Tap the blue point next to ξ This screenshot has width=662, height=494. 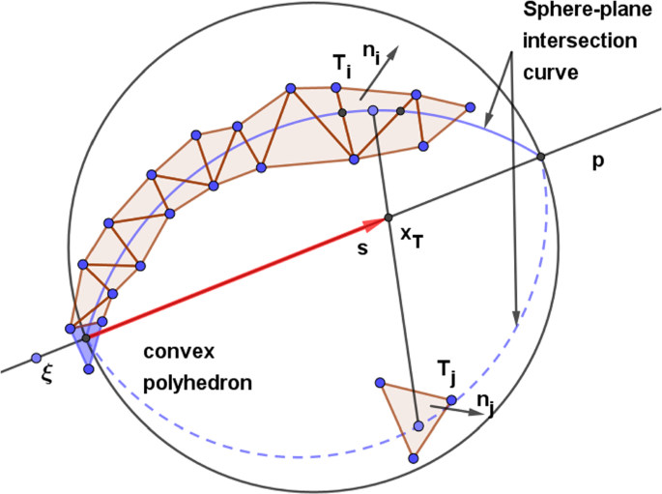coord(36,357)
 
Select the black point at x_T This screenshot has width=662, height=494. coord(388,217)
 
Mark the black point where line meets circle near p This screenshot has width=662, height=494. coord(540,157)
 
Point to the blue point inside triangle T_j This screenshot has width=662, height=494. coord(418,425)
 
